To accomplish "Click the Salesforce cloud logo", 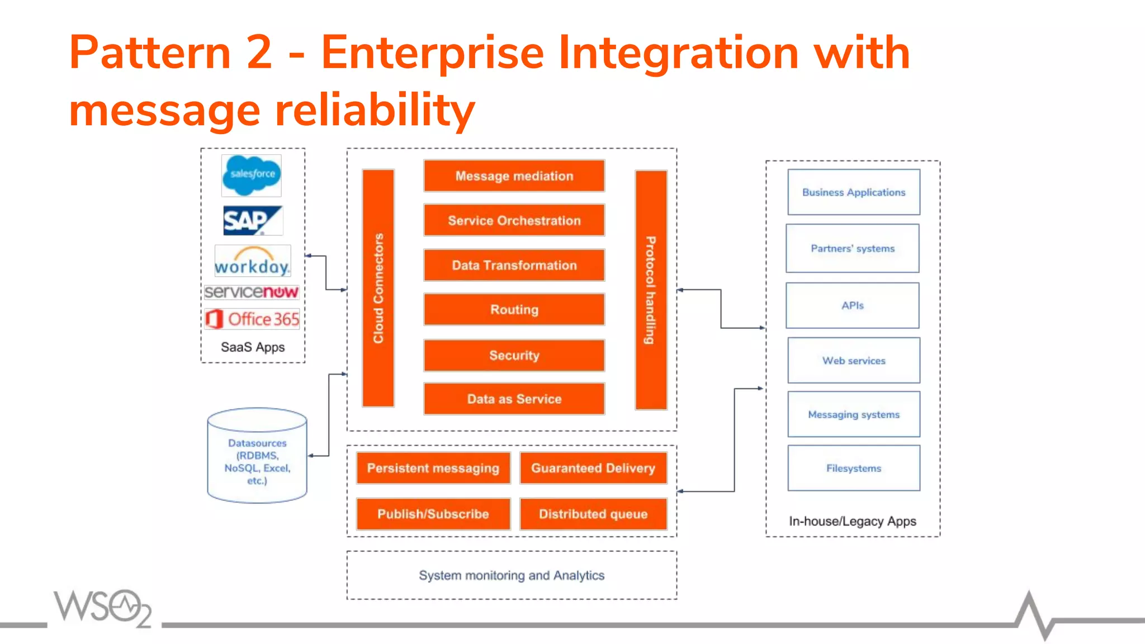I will pos(251,175).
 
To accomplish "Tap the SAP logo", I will pos(252,220).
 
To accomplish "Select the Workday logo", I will pos(253,261).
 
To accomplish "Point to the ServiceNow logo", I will pos(252,292).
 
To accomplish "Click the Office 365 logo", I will pos(252,319).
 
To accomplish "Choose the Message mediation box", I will pos(514,176).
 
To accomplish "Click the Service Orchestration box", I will pos(514,220).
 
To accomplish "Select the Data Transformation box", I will pos(514,265).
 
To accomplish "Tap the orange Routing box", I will pos(514,309).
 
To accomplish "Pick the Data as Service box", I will pos(514,399).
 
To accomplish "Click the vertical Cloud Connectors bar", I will pos(378,288).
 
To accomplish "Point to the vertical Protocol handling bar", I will pos(651,290).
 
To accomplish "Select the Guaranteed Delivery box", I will pos(593,468).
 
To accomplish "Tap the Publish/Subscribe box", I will pos(433,514).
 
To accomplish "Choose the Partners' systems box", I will pos(853,248).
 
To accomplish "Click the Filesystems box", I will pos(854,468).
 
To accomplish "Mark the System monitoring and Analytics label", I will pos(512,575).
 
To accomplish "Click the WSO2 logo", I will pos(102,607).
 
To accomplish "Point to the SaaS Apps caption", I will pos(253,347).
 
